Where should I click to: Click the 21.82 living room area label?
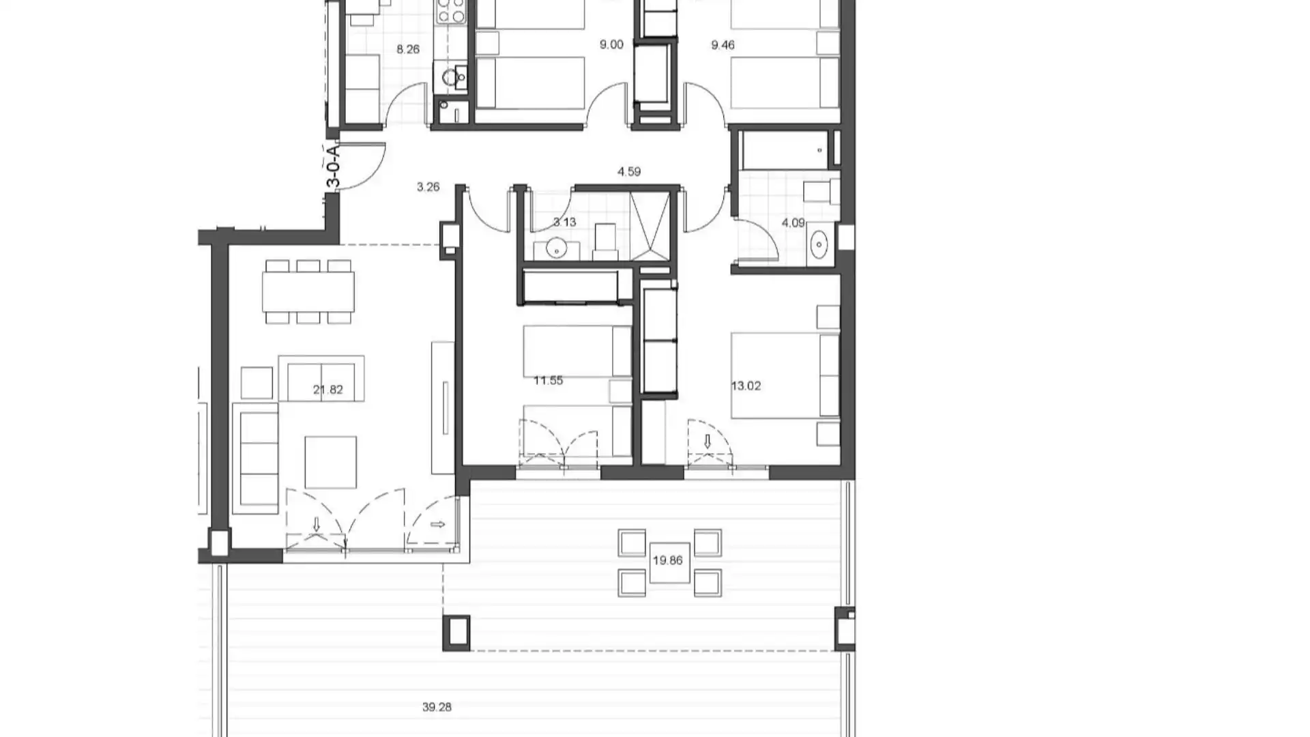[x=327, y=390]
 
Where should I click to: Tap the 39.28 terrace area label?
[x=437, y=707]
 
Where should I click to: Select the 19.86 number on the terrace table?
[x=667, y=560]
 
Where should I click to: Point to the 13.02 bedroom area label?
[x=746, y=386]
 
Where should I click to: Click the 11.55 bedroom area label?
[x=548, y=380]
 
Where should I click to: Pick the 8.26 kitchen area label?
[x=408, y=49]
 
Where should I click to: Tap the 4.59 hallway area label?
[x=629, y=172]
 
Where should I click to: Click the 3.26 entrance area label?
[x=428, y=186]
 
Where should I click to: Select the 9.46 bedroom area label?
[x=723, y=45]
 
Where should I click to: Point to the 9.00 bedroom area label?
[x=611, y=45]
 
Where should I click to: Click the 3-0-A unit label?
[x=333, y=167]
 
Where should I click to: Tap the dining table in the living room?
[x=308, y=291]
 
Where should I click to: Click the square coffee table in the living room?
[x=330, y=462]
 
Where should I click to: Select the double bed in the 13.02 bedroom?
[x=785, y=375]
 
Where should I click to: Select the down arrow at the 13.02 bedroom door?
[x=708, y=442]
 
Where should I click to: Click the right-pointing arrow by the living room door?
[x=438, y=525]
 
